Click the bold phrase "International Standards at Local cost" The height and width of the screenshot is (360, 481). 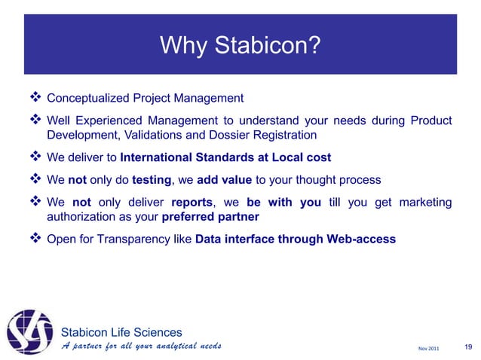click(x=225, y=158)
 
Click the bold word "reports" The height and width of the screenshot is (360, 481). click(x=191, y=203)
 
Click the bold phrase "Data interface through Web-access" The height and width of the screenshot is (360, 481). click(x=294, y=239)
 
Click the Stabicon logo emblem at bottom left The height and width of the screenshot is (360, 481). click(x=29, y=329)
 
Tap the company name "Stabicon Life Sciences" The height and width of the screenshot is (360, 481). click(x=121, y=331)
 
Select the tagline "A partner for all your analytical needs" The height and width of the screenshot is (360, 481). click(x=140, y=346)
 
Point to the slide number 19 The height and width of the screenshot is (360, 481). click(x=468, y=347)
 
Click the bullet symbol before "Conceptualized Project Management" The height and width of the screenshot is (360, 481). click(x=35, y=98)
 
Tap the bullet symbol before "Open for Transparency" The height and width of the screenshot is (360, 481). click(x=35, y=239)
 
